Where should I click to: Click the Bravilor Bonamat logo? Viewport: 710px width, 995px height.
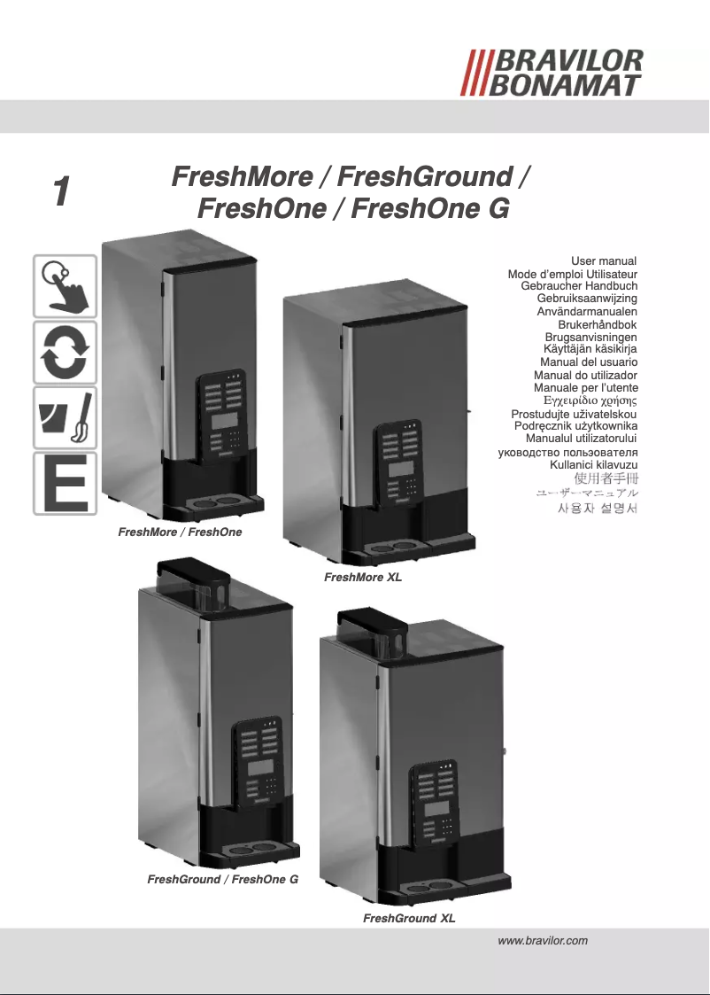point(555,73)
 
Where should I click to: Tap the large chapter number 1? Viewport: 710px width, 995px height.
point(60,191)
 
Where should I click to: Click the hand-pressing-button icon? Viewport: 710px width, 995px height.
point(65,286)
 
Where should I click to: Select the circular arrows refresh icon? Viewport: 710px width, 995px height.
point(65,352)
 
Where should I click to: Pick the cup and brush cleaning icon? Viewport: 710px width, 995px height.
point(65,417)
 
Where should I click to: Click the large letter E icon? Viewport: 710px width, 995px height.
point(65,484)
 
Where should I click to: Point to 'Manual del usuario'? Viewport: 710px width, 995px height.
point(589,362)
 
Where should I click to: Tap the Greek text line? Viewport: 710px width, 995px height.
point(590,401)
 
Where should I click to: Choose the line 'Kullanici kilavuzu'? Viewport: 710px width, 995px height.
point(594,464)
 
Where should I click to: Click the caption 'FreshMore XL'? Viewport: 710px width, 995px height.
point(363,578)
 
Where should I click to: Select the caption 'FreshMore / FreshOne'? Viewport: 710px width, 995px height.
point(180,532)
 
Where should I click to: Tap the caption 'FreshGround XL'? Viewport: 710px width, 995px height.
point(409,919)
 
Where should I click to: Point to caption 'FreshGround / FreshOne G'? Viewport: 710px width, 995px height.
point(222,880)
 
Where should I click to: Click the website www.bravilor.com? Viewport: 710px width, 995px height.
point(544,942)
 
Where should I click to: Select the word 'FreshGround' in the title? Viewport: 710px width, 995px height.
point(425,177)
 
